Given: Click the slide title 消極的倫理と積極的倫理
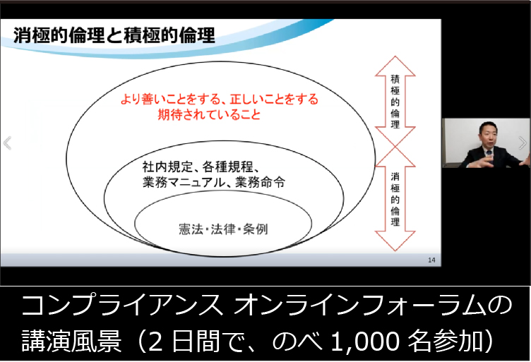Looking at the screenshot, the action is pos(114,35).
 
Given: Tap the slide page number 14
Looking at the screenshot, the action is pos(431,260).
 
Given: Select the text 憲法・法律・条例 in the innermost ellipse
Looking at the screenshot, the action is pos(223,229).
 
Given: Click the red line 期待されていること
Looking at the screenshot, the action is pos(209,115).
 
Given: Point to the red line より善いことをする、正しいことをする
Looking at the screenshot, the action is pos(220,99).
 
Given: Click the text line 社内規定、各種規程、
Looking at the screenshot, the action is pos(201,167).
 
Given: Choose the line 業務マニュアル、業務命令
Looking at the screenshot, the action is pos(214,182).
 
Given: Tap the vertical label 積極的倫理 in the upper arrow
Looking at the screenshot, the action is pos(395,102).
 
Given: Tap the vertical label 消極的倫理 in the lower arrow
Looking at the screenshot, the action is pos(395,199).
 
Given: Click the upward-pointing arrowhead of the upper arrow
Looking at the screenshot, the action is pos(395,66).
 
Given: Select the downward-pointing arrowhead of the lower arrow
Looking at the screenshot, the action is pos(395,241).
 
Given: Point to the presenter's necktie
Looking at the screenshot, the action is pos(489,157).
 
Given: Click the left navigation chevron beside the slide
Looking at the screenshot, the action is pos(7,143).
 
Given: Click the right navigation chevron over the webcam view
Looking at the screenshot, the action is pos(523,143).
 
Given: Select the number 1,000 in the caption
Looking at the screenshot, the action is pos(366,341).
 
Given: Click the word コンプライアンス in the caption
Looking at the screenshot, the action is pos(123,305).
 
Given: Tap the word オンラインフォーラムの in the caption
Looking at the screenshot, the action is pos(373,305).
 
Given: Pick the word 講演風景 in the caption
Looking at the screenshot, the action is pos(71,341).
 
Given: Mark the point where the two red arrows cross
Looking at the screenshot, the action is pos(395,147).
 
